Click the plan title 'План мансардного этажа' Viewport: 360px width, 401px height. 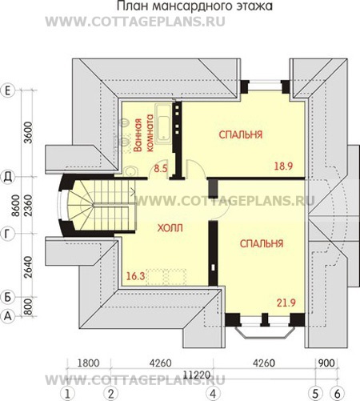tap(194, 6)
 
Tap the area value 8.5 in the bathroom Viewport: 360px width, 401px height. tap(161, 168)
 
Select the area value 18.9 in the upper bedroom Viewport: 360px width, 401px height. tap(283, 166)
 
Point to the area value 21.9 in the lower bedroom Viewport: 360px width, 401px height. tap(286, 303)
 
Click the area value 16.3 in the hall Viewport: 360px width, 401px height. tap(135, 276)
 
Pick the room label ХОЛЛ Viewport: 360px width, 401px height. tap(170, 228)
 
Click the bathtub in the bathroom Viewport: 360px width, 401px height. tap(163, 124)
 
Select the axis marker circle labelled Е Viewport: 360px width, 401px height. tap(8, 90)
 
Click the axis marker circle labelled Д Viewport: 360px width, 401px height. tap(8, 177)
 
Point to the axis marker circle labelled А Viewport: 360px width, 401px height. tap(8, 316)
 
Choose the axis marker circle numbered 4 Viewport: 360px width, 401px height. tap(213, 394)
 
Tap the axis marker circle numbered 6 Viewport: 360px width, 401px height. tap(338, 394)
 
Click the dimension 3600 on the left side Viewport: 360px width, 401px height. tap(28, 133)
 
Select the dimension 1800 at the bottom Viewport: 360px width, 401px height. tap(88, 363)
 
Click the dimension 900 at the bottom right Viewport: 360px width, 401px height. tap(326, 363)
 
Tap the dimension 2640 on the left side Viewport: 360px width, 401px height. tap(28, 267)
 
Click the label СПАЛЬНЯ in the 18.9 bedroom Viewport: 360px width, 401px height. tap(241, 134)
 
